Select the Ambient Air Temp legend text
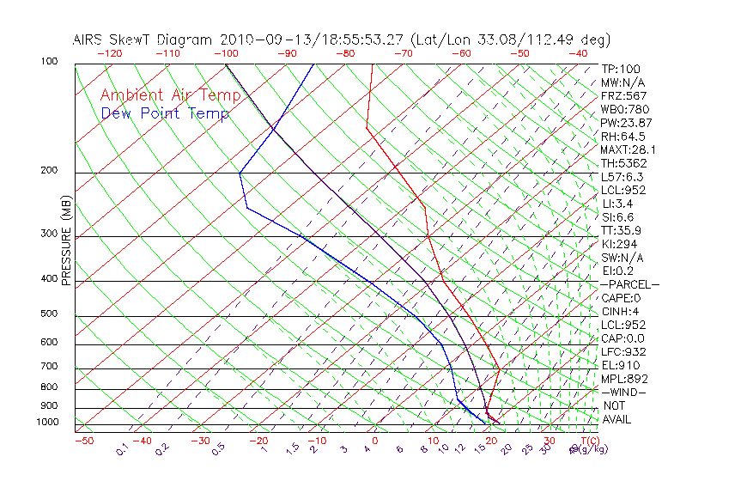pos(164,95)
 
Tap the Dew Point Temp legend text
pos(164,113)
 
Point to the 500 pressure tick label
pos(49,314)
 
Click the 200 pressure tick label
pos(49,171)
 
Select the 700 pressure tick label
pos(49,368)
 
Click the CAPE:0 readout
pos(622,298)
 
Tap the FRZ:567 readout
pos(624,96)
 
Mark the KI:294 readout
pos(620,244)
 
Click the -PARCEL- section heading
pos(629,284)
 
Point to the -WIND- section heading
pos(623,392)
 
